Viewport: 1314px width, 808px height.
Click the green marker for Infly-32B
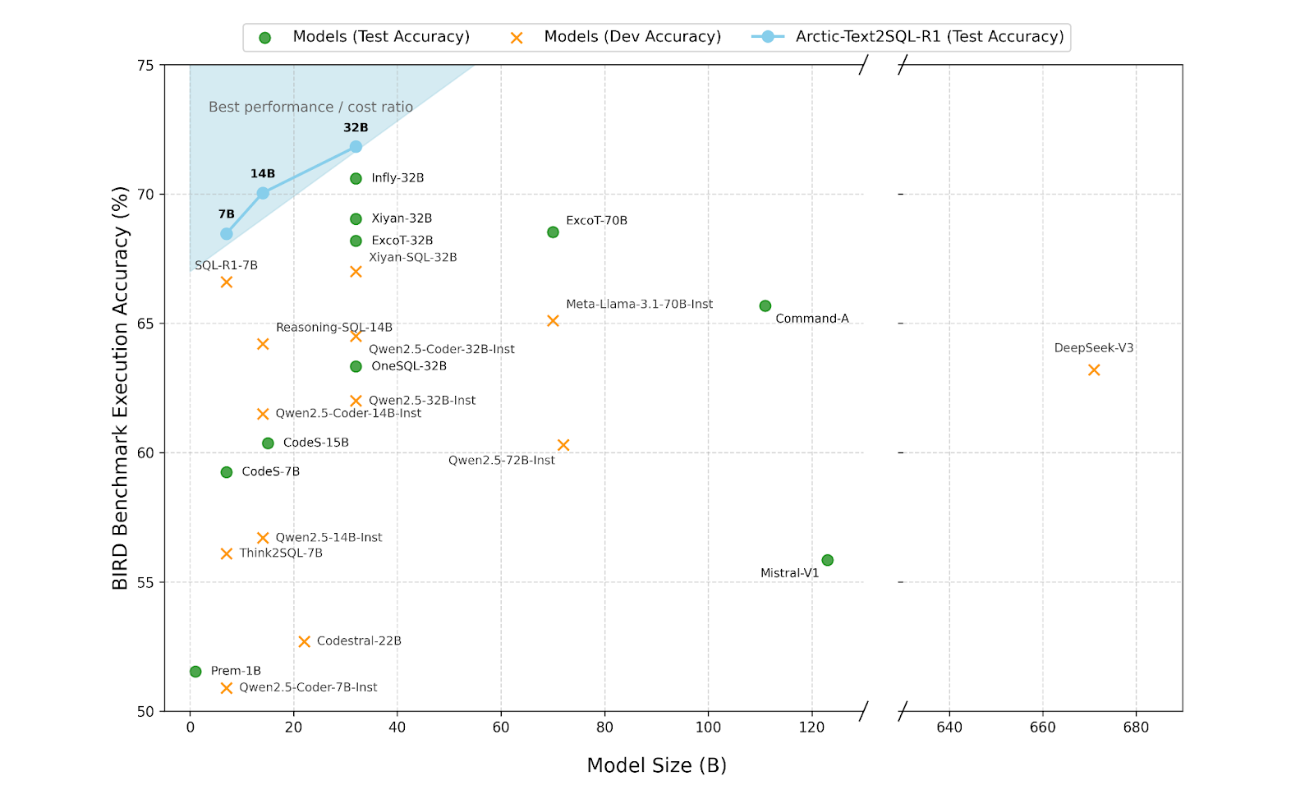tap(356, 178)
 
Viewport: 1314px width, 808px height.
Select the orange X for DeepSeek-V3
tap(1094, 370)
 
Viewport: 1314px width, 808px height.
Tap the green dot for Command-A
tap(765, 306)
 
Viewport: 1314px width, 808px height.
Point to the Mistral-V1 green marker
tap(828, 560)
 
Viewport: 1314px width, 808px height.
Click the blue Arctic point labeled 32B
tap(356, 147)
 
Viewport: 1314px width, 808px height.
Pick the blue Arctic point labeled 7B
tap(227, 234)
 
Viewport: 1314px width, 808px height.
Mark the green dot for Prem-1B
tap(195, 672)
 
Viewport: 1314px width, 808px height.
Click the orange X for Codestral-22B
tap(305, 641)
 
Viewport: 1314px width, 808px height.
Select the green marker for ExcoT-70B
tap(553, 232)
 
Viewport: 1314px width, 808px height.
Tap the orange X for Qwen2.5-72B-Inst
tap(563, 445)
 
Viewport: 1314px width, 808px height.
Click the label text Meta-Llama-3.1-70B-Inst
tap(639, 304)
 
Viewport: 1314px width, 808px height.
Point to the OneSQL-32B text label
tap(409, 366)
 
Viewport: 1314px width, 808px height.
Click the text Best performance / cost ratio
tap(310, 107)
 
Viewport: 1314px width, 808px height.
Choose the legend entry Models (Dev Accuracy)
tap(632, 37)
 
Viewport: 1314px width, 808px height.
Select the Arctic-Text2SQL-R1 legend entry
tap(929, 37)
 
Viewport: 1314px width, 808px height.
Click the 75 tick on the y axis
tap(145, 66)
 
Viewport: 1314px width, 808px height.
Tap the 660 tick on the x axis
tap(1043, 728)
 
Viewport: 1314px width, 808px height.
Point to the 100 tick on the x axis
tap(708, 728)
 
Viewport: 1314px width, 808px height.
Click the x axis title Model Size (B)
tap(656, 765)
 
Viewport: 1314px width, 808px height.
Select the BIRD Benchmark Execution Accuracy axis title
tap(121, 388)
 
